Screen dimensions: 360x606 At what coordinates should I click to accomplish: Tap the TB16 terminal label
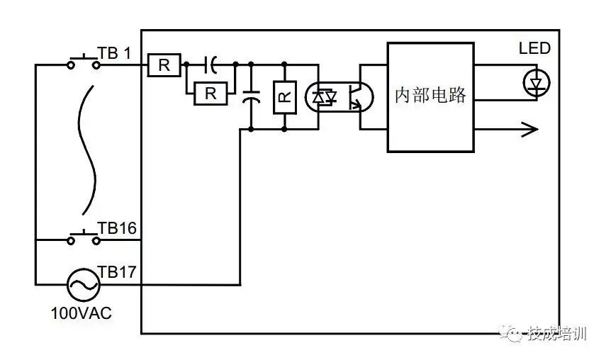117,228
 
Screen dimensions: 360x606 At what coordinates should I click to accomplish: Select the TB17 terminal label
117,273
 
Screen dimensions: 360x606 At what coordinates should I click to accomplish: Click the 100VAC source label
82,313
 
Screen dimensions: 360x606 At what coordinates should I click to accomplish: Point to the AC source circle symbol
83,285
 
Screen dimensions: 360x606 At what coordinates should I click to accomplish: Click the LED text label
534,48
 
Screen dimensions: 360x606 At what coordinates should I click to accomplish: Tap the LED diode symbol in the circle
537,84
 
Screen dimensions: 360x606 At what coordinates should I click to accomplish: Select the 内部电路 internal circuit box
430,96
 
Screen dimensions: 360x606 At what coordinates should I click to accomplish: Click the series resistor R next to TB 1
164,65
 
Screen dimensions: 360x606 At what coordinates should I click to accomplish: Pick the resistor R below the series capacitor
210,93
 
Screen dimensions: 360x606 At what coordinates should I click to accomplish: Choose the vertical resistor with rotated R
284,98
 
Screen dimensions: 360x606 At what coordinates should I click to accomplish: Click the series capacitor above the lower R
211,64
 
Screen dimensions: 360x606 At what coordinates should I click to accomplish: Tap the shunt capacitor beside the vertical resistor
250,97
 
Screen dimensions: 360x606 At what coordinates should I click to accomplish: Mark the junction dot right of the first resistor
186,64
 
